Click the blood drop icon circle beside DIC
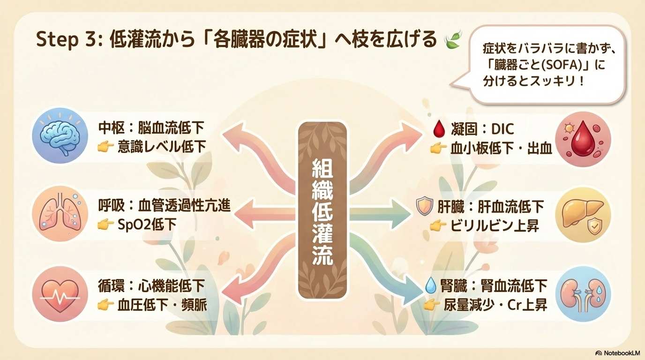(583, 139)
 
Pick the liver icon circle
(583, 214)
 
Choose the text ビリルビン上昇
(495, 226)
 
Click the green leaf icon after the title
(453, 41)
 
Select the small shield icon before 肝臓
(424, 207)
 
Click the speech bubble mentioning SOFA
(547, 64)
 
